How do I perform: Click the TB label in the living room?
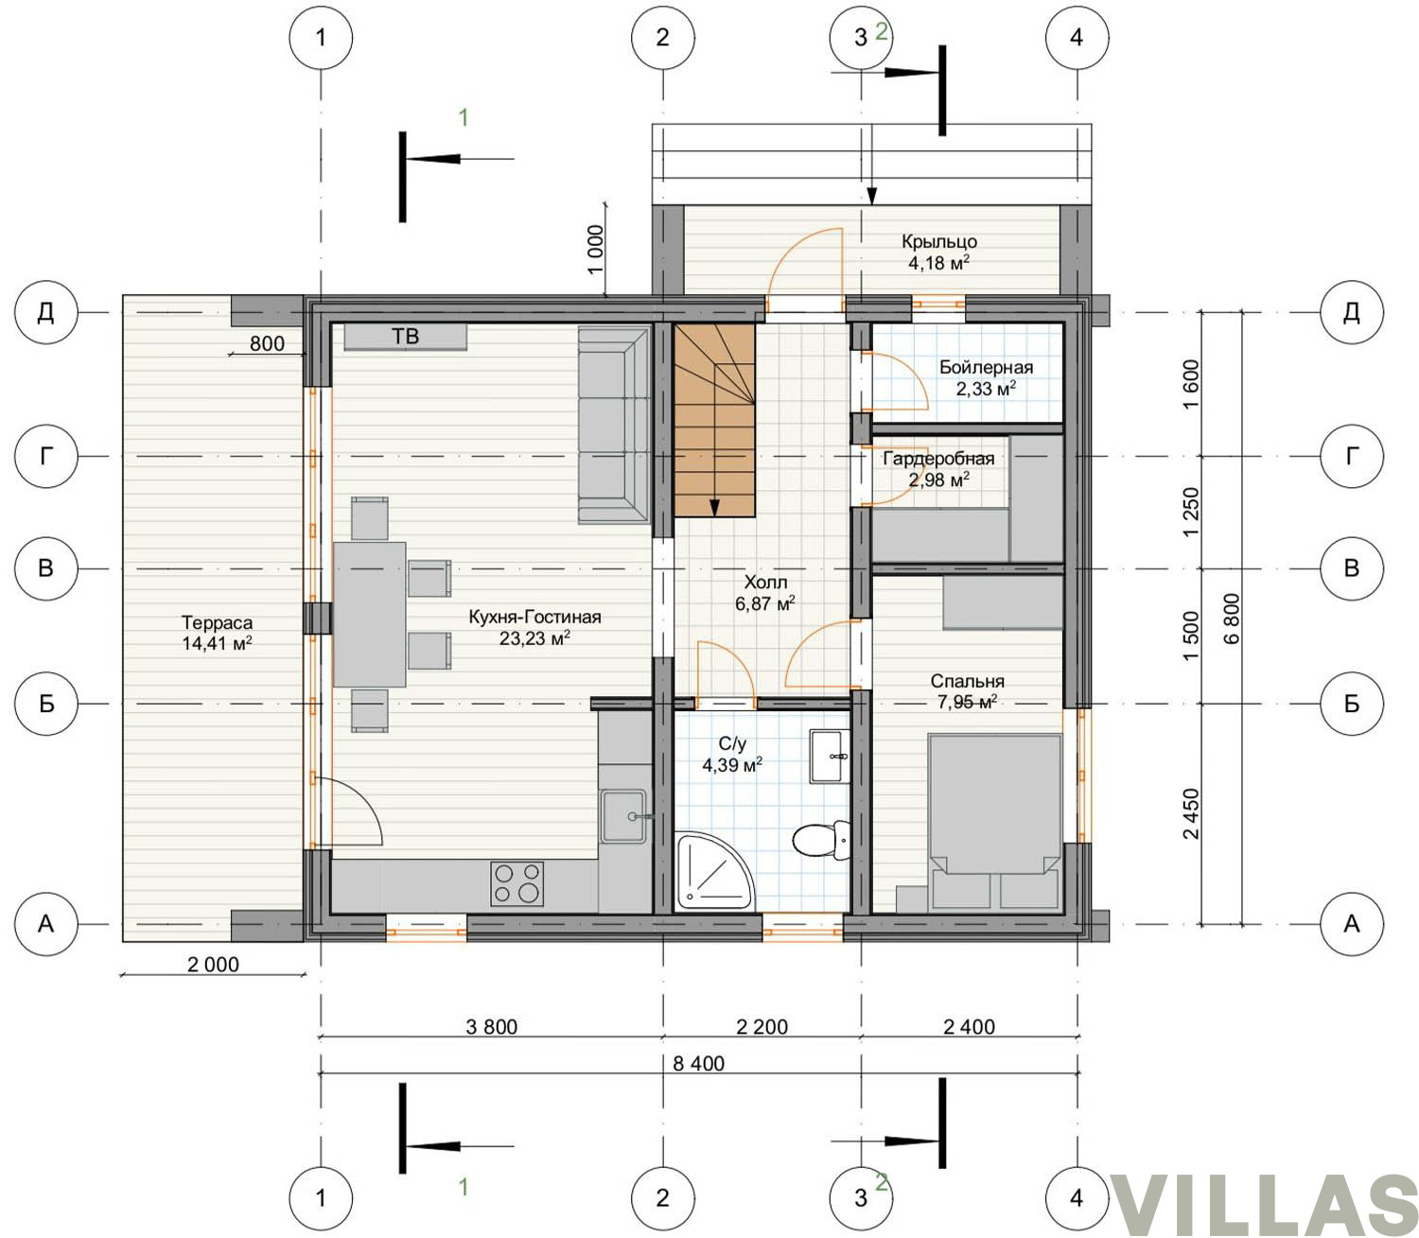coord(405,337)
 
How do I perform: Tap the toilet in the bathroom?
coord(822,840)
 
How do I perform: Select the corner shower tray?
coord(713,871)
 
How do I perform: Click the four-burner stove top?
coord(517,883)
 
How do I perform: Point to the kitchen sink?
coord(624,816)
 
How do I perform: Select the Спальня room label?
coord(967,681)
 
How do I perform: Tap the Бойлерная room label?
coord(986,367)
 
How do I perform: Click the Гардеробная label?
coord(938,458)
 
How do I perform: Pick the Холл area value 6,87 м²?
coord(765,603)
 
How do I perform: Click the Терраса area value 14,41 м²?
coord(217,643)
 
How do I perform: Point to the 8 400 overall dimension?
coord(698,1063)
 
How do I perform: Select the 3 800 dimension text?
coord(491,1026)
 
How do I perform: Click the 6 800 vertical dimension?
coord(1231,619)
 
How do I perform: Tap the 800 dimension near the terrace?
coord(267,344)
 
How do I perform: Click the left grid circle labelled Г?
coord(45,456)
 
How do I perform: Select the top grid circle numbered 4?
coord(1077,38)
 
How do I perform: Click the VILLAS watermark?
coord(1265,1204)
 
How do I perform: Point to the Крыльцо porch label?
coord(939,242)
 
